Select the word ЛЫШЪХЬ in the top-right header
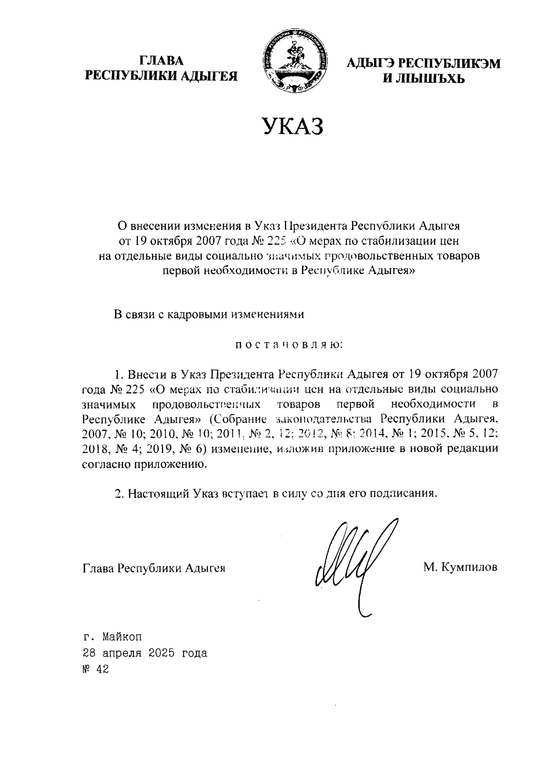pos(432,79)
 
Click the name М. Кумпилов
pos(460,567)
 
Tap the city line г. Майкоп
pos(113,637)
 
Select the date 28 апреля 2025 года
pos(144,653)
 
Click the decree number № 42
pos(95,669)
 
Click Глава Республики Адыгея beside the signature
pos(154,567)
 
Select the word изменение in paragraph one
pos(235,449)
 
